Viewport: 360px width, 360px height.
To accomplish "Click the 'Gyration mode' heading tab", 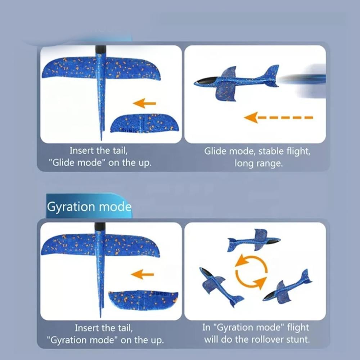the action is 89,206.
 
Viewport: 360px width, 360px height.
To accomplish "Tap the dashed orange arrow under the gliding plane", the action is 278,118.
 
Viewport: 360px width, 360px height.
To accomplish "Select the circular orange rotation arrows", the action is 251,272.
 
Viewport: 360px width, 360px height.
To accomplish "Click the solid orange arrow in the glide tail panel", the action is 144,103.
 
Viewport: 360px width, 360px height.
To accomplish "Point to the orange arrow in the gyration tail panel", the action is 142,274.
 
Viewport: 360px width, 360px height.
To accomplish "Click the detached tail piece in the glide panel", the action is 144,123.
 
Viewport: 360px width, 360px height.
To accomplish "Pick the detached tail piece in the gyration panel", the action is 143,300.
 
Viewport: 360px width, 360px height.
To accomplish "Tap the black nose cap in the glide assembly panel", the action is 100,49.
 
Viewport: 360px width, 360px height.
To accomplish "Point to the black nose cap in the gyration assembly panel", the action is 100,226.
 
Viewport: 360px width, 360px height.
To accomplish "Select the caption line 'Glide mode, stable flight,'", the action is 257,151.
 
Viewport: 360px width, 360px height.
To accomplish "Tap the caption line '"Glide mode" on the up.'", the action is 100,163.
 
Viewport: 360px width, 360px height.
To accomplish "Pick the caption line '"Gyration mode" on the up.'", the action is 105,340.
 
